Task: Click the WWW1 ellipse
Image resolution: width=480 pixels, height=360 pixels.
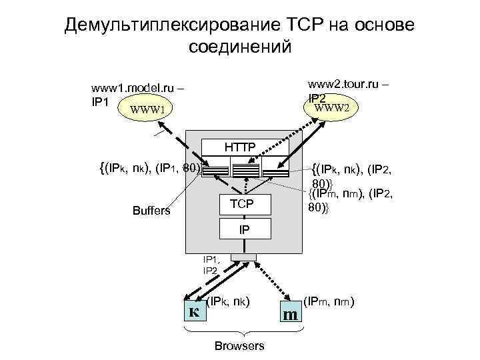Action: tap(151, 108)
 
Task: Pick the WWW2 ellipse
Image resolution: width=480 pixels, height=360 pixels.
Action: tap(335, 107)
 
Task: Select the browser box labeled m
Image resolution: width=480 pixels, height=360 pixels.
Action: tap(290, 311)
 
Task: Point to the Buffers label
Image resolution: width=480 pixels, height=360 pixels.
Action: tap(151, 211)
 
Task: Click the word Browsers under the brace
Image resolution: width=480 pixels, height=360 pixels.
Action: tap(239, 345)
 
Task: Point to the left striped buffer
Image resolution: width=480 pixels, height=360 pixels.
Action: tap(214, 169)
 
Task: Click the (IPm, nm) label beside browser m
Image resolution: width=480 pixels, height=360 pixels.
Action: tap(329, 300)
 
